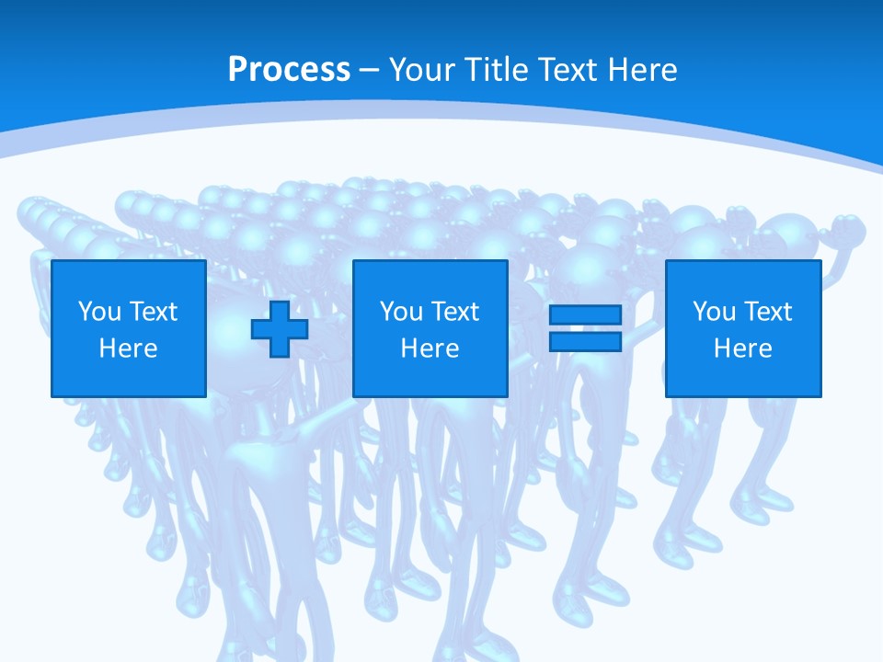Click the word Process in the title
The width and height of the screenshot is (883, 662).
(289, 70)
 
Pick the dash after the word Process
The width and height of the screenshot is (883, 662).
(370, 71)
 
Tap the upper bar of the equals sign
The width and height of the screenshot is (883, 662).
(585, 315)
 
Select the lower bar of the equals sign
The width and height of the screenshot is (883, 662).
(585, 342)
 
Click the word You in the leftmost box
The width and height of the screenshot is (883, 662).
(99, 312)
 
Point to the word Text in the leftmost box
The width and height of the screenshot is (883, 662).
(152, 312)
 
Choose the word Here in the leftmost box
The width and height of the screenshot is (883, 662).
(128, 348)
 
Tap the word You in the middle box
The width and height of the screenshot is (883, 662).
(401, 312)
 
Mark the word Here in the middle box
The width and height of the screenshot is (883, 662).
(430, 348)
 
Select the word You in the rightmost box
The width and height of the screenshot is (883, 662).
(714, 312)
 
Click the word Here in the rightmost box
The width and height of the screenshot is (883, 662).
(742, 348)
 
